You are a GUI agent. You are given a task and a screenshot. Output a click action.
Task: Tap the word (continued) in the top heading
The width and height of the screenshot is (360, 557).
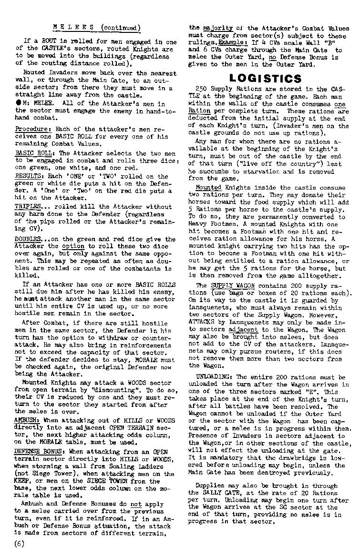(x=120, y=27)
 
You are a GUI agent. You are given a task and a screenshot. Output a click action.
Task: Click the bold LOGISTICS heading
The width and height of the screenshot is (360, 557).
(x=265, y=78)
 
